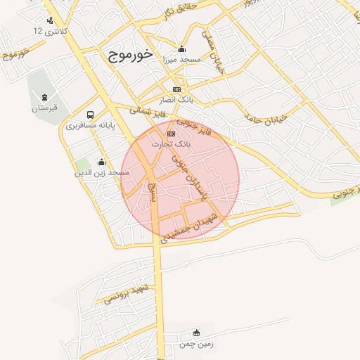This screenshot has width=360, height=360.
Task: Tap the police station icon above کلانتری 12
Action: click(49, 20)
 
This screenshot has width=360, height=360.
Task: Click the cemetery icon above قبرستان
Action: click(45, 97)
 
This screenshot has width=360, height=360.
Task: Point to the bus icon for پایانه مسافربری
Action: click(90, 115)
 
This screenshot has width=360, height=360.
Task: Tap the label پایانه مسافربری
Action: click(91, 127)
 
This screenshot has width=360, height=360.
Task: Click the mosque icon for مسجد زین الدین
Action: click(101, 161)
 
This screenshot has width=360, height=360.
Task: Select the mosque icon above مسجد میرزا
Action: click(182, 49)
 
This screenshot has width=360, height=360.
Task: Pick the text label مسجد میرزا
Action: click(182, 60)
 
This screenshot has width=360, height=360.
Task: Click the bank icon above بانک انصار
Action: click(176, 89)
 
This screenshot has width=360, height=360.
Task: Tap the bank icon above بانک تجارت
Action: click(169, 133)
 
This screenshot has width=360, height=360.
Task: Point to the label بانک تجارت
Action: click(169, 143)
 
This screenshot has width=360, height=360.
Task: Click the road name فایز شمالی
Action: click(147, 110)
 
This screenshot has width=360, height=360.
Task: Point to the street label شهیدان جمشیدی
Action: click(191, 229)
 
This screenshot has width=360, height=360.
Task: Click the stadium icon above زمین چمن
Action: click(196, 333)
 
